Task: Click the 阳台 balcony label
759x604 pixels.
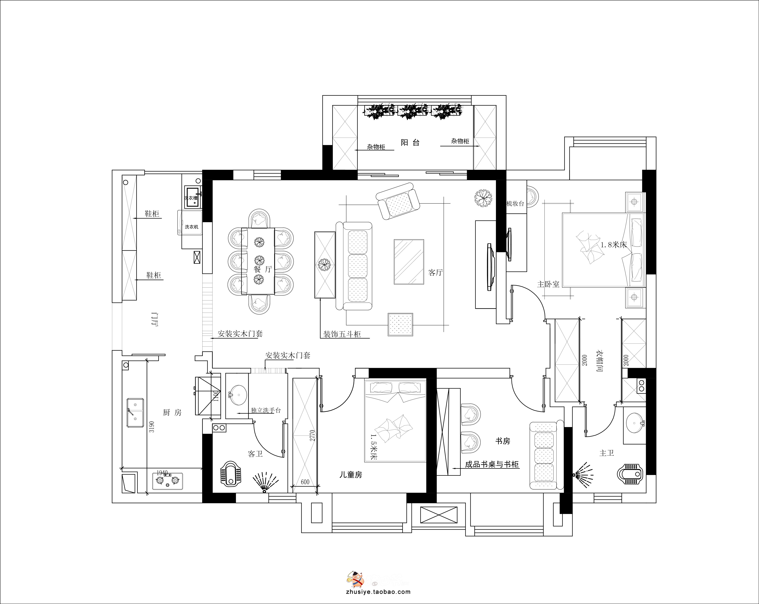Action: point(410,143)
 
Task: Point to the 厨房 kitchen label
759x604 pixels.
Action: point(172,412)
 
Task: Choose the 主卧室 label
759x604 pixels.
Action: point(548,284)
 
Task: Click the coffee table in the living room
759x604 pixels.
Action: point(409,262)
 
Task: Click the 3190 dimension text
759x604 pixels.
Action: point(152,427)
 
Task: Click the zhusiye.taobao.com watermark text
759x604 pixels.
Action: point(379,592)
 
